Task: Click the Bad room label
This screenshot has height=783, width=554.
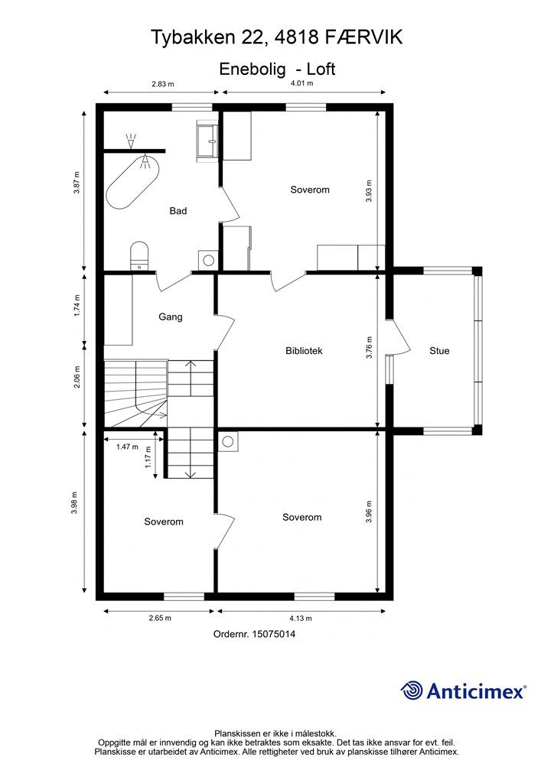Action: click(178, 211)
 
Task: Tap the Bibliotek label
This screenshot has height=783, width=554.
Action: click(304, 351)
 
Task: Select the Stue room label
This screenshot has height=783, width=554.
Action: click(439, 351)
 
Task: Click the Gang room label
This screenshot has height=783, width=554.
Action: click(171, 317)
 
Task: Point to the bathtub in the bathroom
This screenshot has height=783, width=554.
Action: click(133, 182)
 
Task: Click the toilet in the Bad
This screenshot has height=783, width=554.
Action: click(138, 255)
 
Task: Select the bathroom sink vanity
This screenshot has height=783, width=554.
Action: click(208, 141)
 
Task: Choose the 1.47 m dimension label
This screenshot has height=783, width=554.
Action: click(127, 447)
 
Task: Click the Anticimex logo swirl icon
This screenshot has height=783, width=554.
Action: click(412, 690)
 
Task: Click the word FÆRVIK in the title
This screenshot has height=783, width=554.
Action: click(364, 36)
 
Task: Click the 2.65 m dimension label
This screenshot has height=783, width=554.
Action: click(160, 618)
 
